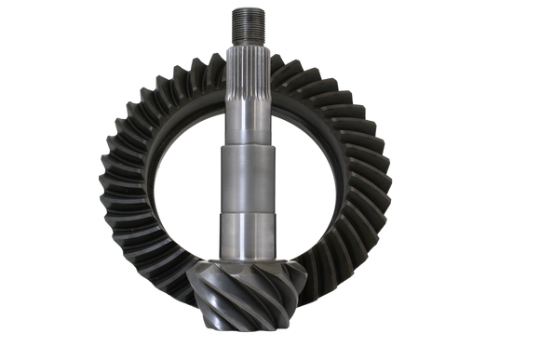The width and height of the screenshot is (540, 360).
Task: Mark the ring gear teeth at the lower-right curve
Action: point(354,270)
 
